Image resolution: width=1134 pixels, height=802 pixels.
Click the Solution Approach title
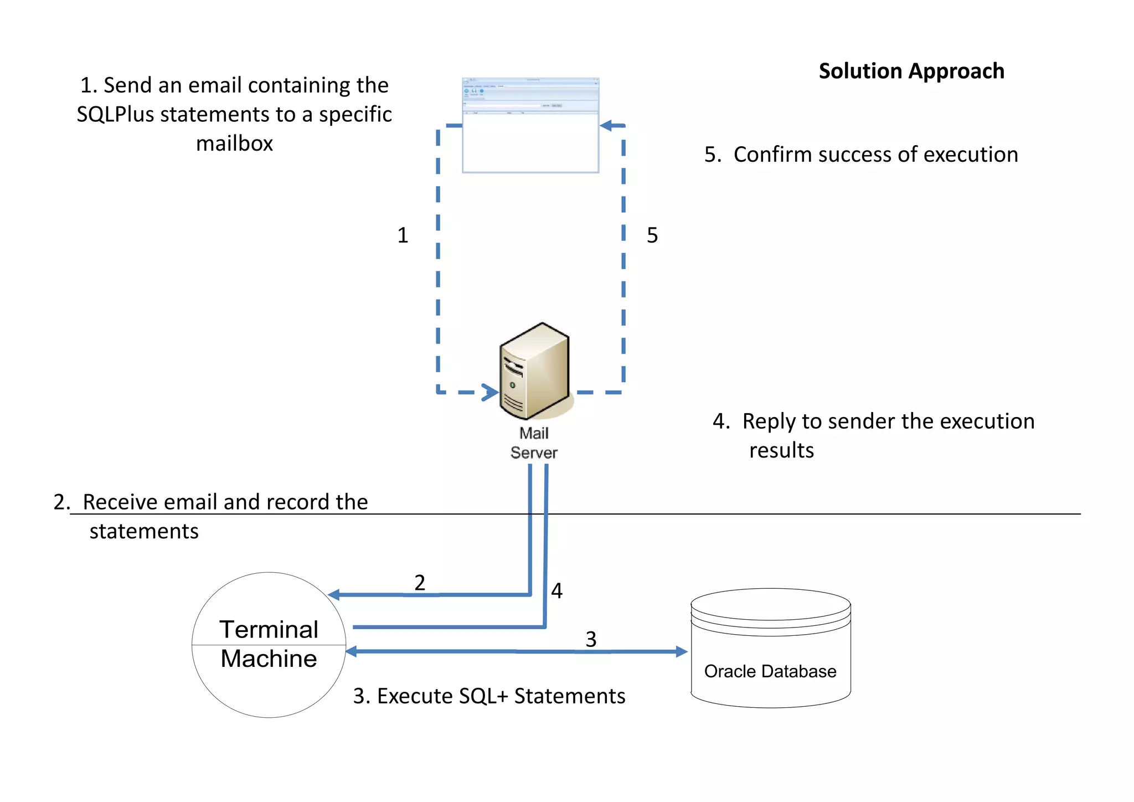(x=911, y=71)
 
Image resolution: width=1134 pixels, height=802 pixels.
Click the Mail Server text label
(x=534, y=443)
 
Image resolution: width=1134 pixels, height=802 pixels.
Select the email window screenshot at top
(x=530, y=126)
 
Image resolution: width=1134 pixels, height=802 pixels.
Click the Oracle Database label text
(x=770, y=671)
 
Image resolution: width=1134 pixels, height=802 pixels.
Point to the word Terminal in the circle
(x=269, y=630)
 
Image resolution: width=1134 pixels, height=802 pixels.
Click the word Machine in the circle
(x=269, y=659)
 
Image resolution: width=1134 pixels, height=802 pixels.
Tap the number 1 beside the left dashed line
(x=403, y=235)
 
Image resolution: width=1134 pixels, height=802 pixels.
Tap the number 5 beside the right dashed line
(x=652, y=235)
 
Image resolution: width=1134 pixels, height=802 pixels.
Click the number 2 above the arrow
(x=420, y=583)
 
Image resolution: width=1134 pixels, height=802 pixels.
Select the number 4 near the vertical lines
(x=556, y=591)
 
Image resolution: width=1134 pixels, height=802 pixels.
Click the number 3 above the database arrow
(x=591, y=639)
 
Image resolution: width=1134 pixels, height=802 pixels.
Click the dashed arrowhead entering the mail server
(x=490, y=392)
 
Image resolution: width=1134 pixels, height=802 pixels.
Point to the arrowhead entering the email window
(x=606, y=126)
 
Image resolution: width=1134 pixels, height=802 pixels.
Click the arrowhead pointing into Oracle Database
(x=681, y=652)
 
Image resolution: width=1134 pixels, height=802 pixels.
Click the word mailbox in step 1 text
(x=234, y=144)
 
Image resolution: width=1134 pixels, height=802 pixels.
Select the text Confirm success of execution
(x=875, y=155)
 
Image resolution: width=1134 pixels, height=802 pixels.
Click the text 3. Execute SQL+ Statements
(x=489, y=696)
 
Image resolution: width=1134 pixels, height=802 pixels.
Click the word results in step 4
(x=781, y=450)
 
